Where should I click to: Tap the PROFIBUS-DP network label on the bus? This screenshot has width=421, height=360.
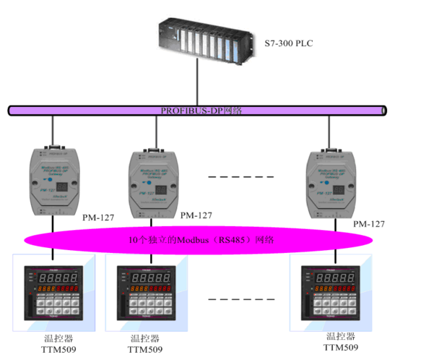click(201, 111)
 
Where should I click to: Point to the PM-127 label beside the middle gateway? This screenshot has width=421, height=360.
click(196, 215)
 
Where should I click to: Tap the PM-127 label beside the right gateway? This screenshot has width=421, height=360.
click(369, 225)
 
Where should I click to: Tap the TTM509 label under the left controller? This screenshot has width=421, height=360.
click(58, 349)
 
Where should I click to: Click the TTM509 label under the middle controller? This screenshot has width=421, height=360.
click(147, 349)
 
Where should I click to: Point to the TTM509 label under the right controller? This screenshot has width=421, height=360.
click(341, 347)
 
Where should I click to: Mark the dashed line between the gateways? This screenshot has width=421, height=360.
click(240, 176)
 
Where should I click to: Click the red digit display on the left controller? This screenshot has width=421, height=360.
click(57, 276)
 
